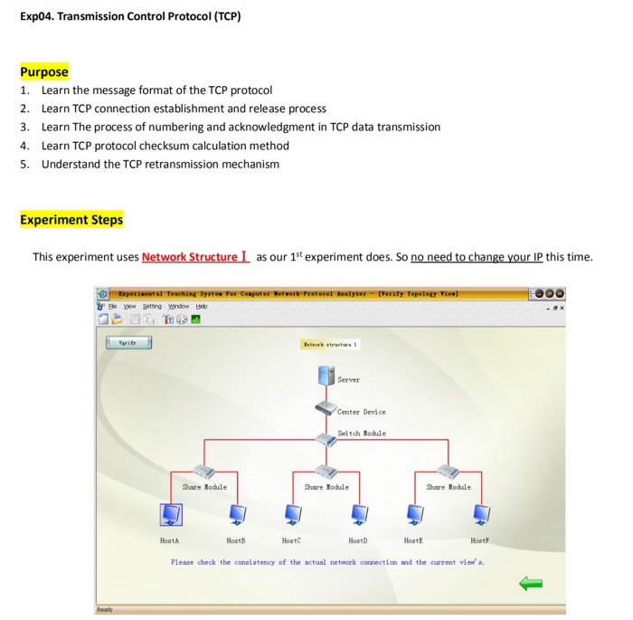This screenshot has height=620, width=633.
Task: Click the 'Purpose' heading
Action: tap(44, 72)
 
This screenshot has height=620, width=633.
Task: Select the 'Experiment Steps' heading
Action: tap(71, 220)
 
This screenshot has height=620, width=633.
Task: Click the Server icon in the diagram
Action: tap(326, 377)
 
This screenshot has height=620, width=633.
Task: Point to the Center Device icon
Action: tap(326, 408)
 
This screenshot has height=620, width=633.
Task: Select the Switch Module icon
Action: tap(326, 438)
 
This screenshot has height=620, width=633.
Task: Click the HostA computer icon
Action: tap(170, 514)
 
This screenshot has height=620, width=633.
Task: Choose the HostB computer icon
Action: tap(235, 514)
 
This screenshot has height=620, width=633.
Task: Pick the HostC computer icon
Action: tap(293, 514)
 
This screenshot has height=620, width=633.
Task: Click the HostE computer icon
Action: tap(415, 514)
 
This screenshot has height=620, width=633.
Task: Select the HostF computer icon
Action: tap(480, 514)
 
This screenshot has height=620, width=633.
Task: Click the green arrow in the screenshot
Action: tap(531, 584)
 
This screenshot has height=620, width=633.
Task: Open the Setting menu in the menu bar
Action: tap(151, 307)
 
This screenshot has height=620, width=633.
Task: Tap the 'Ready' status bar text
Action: tap(106, 610)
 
